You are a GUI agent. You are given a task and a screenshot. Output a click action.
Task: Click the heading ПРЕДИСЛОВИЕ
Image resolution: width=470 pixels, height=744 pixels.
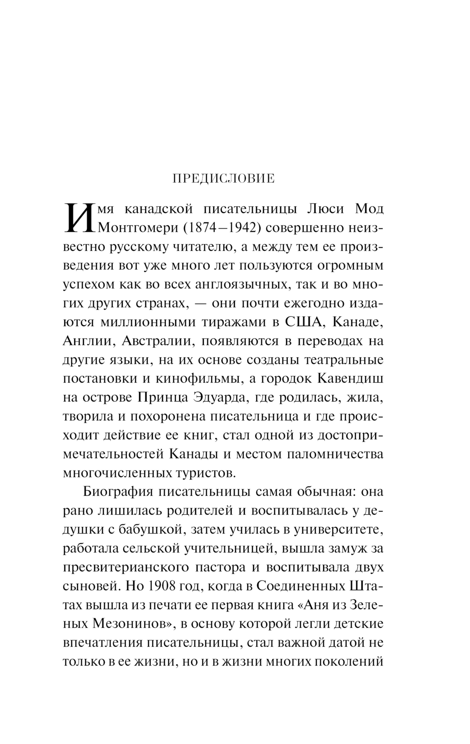[224, 179]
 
